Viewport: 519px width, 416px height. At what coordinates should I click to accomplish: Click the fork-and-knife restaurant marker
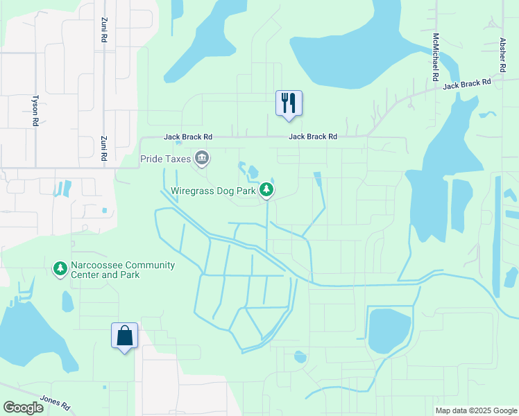click(289, 103)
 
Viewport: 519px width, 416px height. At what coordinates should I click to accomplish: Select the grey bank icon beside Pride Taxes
click(202, 159)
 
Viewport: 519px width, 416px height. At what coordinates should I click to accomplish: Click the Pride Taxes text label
click(167, 159)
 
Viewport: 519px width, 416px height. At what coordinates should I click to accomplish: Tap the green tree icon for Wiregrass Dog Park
click(266, 190)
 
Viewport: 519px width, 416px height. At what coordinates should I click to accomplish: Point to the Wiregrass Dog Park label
click(213, 191)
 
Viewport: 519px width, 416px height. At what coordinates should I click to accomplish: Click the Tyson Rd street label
click(35, 110)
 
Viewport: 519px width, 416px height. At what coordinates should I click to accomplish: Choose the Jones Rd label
click(56, 402)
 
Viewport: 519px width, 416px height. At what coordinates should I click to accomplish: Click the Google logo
click(24, 408)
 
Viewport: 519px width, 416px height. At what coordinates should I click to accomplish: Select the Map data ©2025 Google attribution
click(476, 410)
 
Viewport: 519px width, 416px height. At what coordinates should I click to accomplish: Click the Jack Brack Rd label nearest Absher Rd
click(467, 83)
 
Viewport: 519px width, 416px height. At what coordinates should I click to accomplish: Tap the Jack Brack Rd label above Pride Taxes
click(188, 137)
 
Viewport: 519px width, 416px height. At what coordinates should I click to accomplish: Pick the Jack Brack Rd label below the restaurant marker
click(313, 137)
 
